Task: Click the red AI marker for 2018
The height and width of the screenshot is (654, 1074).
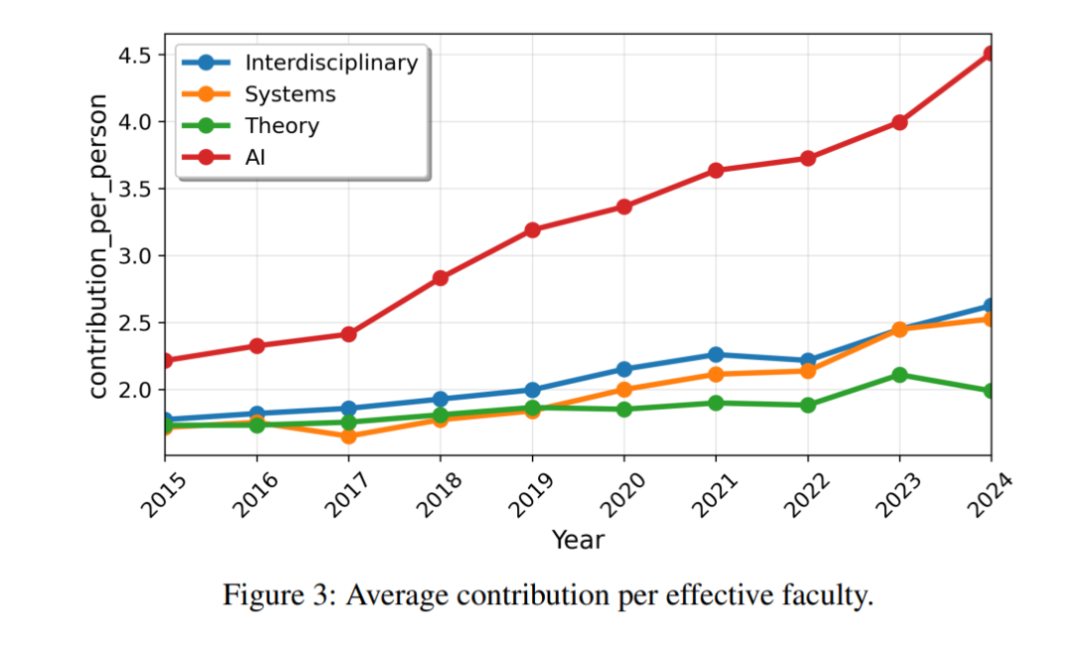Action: (x=441, y=278)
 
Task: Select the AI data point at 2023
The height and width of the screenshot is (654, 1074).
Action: (x=899, y=122)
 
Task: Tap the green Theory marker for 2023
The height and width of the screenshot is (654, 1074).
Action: (x=899, y=375)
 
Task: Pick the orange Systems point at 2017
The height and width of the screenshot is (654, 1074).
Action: (x=348, y=436)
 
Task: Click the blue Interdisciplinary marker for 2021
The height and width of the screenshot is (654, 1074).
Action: (x=716, y=355)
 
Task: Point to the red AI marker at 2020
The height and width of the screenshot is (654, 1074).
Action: (x=624, y=207)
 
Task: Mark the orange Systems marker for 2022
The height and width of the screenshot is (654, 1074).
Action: (x=807, y=371)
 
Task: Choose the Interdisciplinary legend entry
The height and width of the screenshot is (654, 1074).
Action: (x=331, y=63)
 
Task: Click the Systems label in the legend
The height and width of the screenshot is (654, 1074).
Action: (x=290, y=94)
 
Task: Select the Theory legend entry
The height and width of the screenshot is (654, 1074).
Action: (x=282, y=126)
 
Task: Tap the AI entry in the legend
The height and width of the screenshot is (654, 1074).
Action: (x=256, y=157)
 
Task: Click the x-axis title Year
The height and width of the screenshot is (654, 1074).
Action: (x=578, y=540)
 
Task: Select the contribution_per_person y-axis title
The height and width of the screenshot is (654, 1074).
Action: (x=98, y=245)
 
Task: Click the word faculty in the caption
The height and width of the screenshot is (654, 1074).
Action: (x=833, y=596)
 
